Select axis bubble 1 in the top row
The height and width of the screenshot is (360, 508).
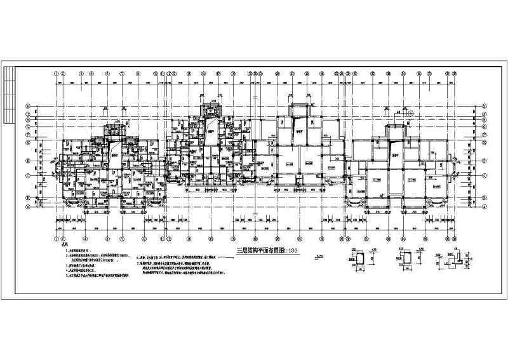(58, 73)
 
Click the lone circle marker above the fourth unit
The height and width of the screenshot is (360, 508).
(412, 113)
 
